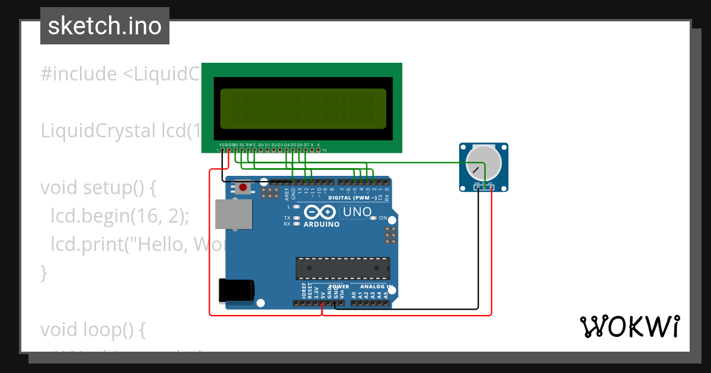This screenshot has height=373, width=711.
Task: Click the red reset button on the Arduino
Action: [243, 188]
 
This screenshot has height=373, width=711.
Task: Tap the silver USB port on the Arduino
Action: [233, 214]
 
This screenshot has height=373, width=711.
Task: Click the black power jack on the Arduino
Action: [236, 290]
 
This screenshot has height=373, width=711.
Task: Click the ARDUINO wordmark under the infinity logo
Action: [322, 225]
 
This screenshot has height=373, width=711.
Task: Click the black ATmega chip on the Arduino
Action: [343, 268]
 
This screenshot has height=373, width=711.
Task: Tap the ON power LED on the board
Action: [373, 218]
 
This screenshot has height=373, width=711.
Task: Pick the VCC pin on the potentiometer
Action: [491, 188]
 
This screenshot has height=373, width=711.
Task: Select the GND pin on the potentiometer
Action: [478, 188]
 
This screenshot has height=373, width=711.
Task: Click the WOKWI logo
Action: [629, 326]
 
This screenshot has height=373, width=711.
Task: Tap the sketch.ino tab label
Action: [105, 26]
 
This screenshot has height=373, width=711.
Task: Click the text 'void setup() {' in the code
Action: [98, 188]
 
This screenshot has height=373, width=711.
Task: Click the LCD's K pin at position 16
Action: [319, 150]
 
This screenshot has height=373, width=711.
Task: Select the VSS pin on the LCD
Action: [222, 150]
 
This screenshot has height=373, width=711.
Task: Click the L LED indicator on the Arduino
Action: [296, 207]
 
